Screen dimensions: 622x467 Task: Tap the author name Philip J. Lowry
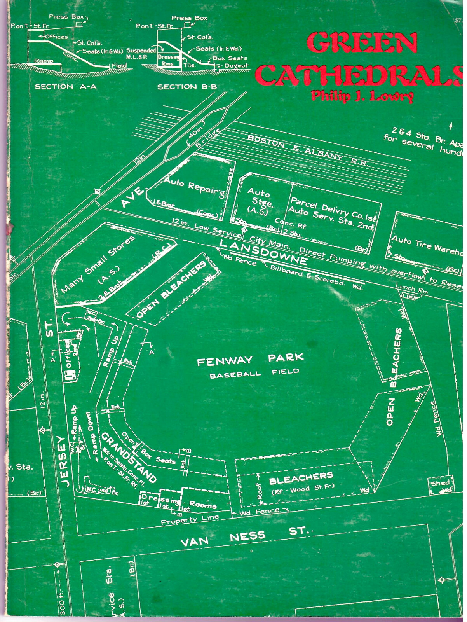[x=362, y=96]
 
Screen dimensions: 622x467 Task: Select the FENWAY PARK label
[x=250, y=360]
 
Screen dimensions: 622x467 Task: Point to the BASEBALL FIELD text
[x=254, y=373]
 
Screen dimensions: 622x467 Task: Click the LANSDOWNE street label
[x=264, y=252]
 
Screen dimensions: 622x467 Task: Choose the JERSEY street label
[x=64, y=461]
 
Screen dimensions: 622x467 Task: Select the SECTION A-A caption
[x=65, y=87]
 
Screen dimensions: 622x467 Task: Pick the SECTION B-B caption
[x=187, y=87]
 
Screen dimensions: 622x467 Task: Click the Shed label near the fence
[x=440, y=483]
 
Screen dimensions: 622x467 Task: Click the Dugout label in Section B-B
[x=236, y=66]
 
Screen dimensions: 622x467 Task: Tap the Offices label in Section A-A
[x=57, y=37]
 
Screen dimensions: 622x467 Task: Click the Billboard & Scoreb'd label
[x=307, y=275]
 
